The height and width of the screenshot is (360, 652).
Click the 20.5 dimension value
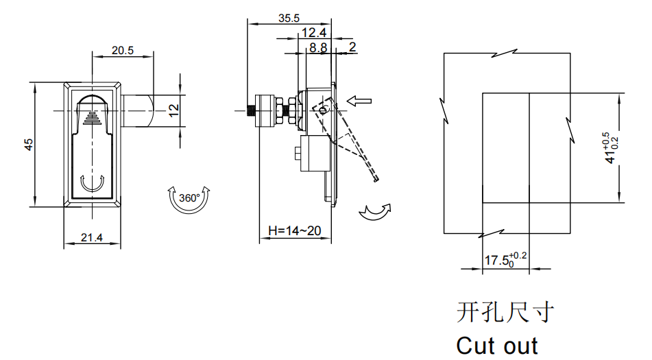tap(123, 50)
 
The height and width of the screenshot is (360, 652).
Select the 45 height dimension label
tap(28, 145)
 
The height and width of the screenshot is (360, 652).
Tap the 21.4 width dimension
tap(91, 237)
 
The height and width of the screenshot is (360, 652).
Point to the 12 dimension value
tap(174, 110)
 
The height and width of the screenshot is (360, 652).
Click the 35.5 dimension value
tap(289, 19)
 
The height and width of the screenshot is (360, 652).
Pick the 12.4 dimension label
tap(314, 32)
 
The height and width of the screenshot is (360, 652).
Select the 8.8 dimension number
tap(318, 47)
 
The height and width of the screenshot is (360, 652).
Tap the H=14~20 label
tap(294, 230)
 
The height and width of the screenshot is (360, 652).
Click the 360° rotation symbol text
tap(189, 198)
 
